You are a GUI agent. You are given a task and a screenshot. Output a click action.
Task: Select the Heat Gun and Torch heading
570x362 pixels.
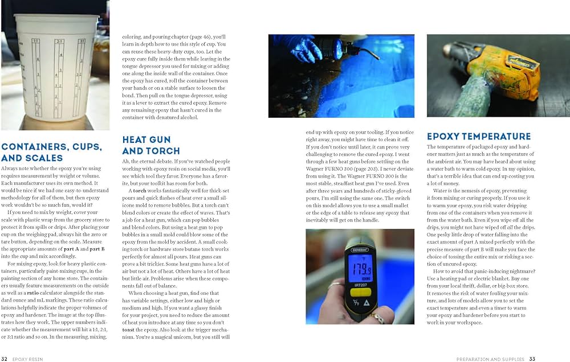tap(151, 145)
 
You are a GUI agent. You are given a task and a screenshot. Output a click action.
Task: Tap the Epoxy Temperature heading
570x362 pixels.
tap(479, 137)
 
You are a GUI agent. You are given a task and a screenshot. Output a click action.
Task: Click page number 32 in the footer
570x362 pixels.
tap(5, 359)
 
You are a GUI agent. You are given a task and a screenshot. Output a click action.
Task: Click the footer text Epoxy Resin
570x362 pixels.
tap(28, 359)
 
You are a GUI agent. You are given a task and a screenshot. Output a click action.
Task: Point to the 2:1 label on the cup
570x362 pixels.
tap(59, 41)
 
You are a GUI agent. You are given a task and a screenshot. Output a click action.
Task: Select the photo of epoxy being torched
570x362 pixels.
tap(341, 76)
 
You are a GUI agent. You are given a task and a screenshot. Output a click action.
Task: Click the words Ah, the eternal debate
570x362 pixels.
tap(149, 161)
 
